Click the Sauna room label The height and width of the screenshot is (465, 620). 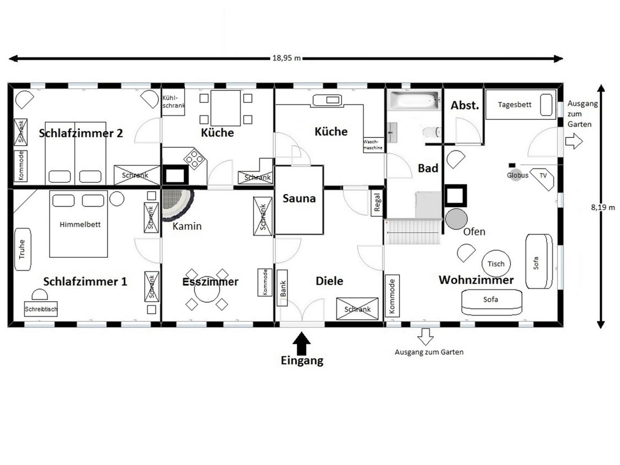pos(299,198)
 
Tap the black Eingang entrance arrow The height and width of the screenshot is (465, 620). pos(301,343)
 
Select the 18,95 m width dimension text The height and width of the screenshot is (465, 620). pos(286,58)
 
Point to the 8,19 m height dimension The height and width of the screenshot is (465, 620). pos(603,207)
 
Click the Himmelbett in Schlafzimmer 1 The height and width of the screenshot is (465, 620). pos(79,224)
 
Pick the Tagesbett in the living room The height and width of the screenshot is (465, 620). pos(521,104)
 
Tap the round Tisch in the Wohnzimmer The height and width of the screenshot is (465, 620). pos(496,263)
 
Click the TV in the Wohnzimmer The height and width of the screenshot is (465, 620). pos(542,179)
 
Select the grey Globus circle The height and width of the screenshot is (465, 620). pos(516,176)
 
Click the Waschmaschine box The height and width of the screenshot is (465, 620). pos(374,145)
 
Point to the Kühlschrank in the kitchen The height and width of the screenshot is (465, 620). pos(173,102)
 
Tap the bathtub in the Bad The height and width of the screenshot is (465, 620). pos(414,100)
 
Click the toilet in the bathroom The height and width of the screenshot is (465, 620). pos(432,132)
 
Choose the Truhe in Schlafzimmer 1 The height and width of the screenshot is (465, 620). pos(22,250)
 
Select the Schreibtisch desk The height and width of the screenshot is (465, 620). pos(41,309)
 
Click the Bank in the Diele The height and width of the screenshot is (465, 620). pos(282,288)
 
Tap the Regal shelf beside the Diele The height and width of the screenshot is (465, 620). pos(377,203)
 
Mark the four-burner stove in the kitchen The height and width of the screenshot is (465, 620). pos(194,159)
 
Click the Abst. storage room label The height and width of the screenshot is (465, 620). pos(464,105)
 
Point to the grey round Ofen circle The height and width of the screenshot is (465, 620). pos(456,219)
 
